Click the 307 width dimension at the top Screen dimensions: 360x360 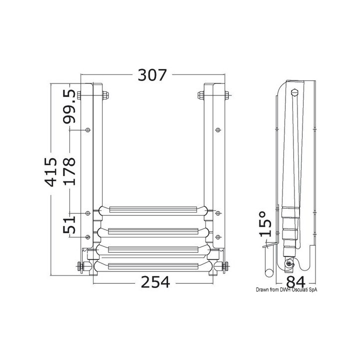[x=152, y=75]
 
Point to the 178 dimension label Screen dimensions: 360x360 [x=70, y=171]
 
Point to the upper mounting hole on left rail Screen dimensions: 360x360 [x=88, y=130]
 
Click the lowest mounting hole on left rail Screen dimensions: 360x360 [x=88, y=236]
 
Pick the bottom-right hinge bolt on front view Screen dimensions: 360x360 [x=225, y=266]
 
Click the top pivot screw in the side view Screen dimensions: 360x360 [x=294, y=92]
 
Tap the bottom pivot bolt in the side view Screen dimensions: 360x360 [x=289, y=263]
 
